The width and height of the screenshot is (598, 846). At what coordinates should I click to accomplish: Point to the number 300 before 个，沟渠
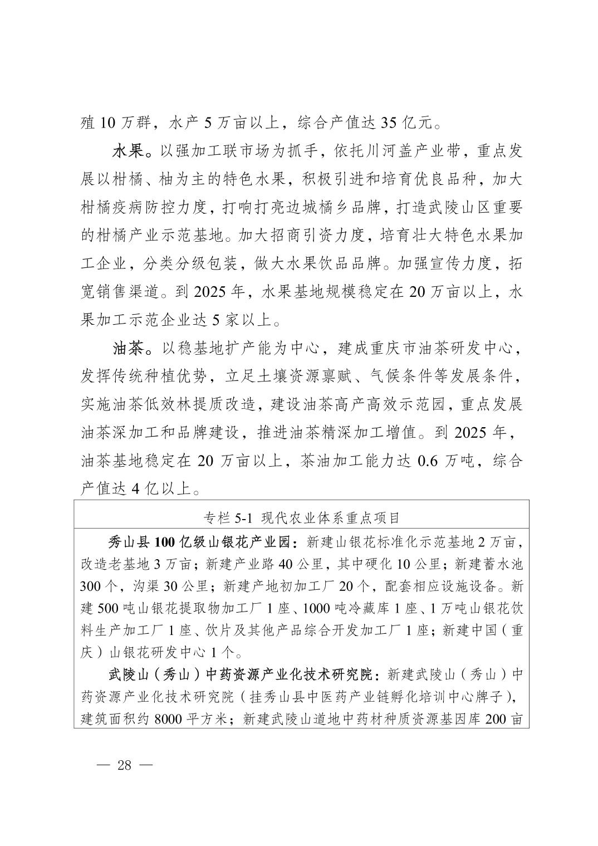pyautogui.click(x=90, y=586)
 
